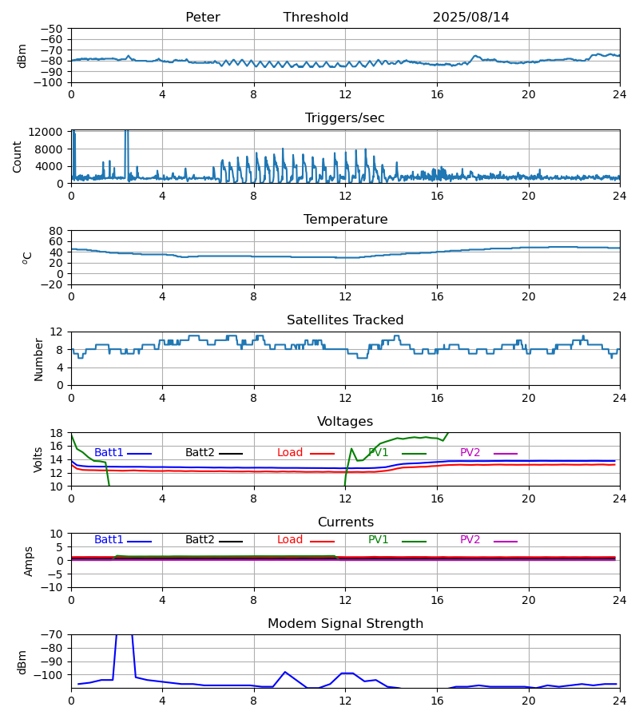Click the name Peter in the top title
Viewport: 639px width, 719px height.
[202, 18]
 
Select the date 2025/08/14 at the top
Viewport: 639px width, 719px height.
[470, 18]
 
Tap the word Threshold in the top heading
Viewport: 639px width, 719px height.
[316, 18]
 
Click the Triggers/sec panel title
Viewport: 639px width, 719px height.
[344, 118]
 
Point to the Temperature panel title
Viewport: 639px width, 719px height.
[345, 220]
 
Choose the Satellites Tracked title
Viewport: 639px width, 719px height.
[345, 320]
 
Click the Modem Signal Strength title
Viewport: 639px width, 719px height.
[345, 624]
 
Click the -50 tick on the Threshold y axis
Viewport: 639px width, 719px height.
[51, 29]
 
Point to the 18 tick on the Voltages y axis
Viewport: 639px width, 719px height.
[57, 433]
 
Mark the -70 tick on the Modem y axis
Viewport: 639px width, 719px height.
[51, 635]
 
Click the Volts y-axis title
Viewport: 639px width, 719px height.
[39, 459]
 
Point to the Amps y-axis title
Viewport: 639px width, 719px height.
[30, 561]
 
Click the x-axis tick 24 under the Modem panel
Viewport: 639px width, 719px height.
[619, 701]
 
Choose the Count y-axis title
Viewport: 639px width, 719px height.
[18, 157]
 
